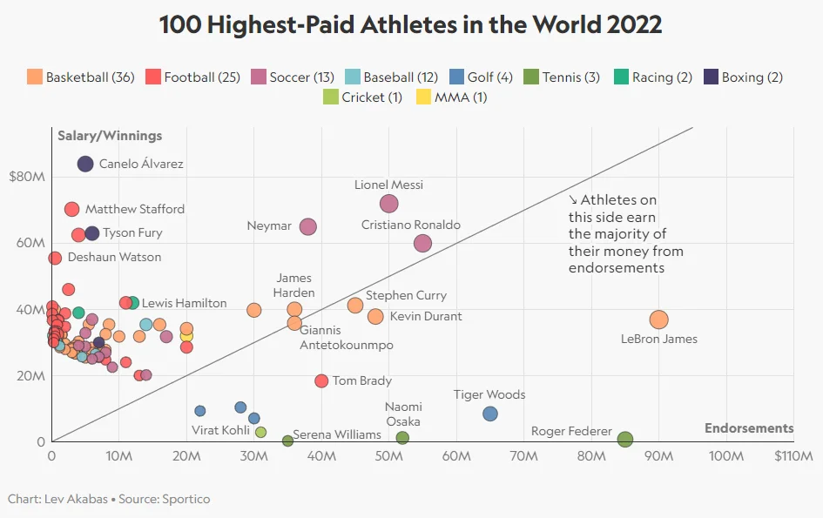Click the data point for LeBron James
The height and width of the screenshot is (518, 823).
click(x=658, y=320)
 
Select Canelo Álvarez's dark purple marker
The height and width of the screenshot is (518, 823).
click(x=85, y=164)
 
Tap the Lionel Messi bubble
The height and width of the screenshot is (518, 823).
click(x=389, y=204)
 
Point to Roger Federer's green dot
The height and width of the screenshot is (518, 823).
click(x=625, y=440)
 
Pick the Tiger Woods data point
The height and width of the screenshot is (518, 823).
click(x=490, y=414)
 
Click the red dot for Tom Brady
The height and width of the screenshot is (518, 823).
click(x=321, y=381)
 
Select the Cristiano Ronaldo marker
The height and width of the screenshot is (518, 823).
click(x=422, y=244)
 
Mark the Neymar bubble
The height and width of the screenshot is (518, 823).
click(x=307, y=226)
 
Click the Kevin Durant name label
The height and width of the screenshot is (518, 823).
click(x=425, y=316)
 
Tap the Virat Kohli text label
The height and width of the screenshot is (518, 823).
click(x=219, y=430)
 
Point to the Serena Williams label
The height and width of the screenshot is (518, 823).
click(x=337, y=434)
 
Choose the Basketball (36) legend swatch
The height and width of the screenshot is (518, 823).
click(x=35, y=77)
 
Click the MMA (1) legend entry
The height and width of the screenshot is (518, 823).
click(x=461, y=98)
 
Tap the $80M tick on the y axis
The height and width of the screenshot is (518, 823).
click(x=26, y=177)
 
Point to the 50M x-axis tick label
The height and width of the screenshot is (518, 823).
click(x=389, y=456)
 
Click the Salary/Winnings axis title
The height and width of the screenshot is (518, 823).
click(x=110, y=136)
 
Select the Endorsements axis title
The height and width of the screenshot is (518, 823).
click(x=749, y=428)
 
